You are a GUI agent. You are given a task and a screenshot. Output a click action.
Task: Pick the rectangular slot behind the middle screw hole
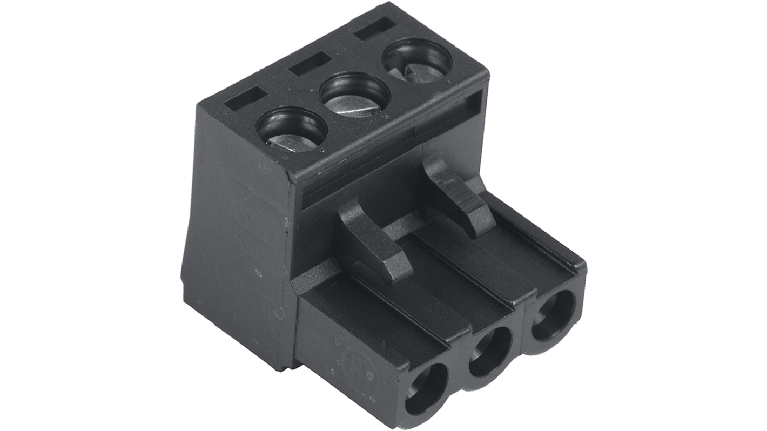[x=310, y=63]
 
